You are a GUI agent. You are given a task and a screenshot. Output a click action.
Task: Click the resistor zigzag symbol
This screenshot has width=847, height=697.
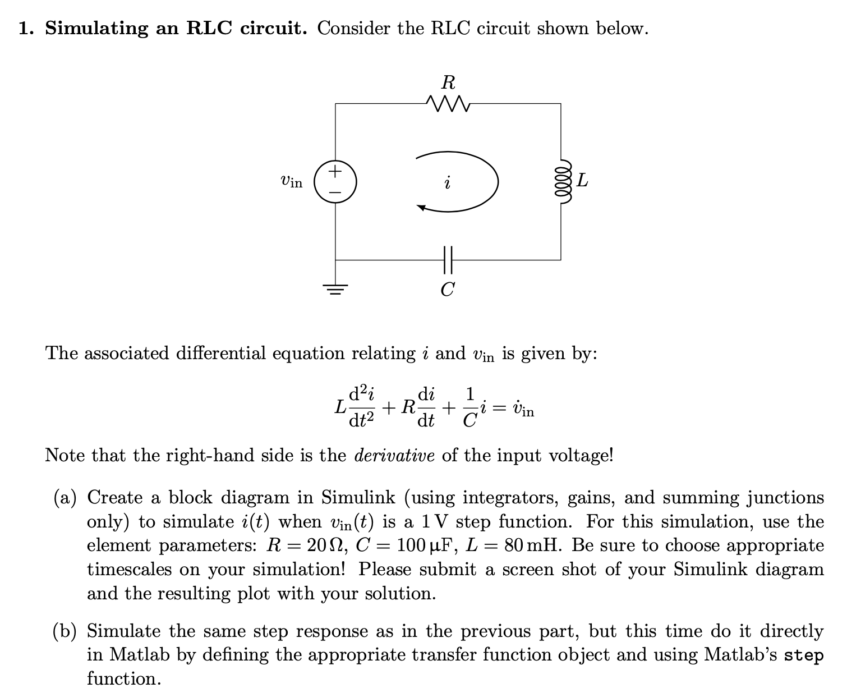[x=448, y=103]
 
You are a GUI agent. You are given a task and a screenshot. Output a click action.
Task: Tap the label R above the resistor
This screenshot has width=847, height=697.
[x=448, y=83]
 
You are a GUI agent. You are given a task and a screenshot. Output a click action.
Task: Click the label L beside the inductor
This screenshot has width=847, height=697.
[x=583, y=181]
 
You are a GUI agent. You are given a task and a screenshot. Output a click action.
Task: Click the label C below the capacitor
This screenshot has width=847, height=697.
[x=447, y=290]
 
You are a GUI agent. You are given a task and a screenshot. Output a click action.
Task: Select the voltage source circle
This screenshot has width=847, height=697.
[x=334, y=182]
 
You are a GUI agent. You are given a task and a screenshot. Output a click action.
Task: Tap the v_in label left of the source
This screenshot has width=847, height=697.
[x=291, y=181]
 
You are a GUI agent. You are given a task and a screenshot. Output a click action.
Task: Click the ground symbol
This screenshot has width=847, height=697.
[x=335, y=290]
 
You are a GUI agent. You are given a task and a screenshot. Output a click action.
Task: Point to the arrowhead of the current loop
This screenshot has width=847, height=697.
[x=421, y=208]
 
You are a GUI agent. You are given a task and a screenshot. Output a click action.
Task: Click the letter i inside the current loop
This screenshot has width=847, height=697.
[x=447, y=183]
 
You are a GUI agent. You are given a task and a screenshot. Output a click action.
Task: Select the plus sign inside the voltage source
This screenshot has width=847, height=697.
[x=334, y=171]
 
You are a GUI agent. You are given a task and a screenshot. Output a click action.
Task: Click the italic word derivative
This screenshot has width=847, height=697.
[x=394, y=455]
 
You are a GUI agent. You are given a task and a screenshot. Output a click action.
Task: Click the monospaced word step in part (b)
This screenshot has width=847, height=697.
[x=804, y=655]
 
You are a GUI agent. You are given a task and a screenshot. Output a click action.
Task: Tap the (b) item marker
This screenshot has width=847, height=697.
[x=66, y=631]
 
